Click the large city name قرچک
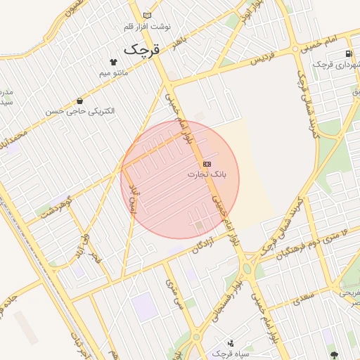point(142,50)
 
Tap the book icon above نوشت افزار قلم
point(146,15)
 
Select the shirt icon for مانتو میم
point(112,62)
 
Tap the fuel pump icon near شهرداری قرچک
point(348,54)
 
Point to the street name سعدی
point(301,297)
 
